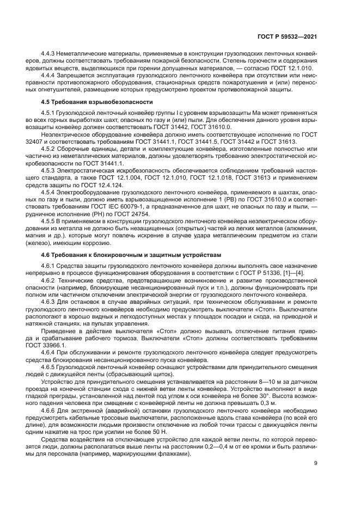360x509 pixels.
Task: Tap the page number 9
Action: click(316, 463)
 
